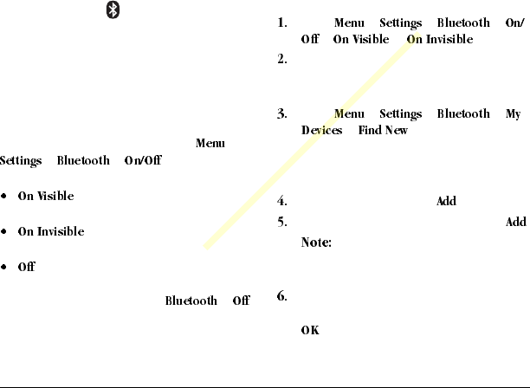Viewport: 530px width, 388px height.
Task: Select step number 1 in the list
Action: [x=282, y=23]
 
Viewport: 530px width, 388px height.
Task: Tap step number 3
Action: [x=282, y=114]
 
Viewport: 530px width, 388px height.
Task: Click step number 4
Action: [x=282, y=202]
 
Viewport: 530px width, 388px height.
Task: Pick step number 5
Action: [x=282, y=223]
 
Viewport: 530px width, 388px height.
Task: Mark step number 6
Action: [x=282, y=297]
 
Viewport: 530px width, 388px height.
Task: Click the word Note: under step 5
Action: [x=316, y=243]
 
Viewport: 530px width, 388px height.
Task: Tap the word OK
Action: [x=309, y=330]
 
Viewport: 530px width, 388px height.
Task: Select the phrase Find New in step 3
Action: [x=383, y=131]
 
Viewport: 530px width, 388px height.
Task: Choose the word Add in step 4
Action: [x=446, y=202]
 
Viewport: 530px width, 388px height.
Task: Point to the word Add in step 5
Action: [x=515, y=223]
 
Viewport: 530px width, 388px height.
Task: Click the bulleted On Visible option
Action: [x=46, y=196]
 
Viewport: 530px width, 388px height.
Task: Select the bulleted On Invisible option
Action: [x=51, y=231]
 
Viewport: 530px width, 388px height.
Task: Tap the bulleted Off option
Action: [x=26, y=267]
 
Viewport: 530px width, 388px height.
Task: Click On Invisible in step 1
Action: [x=439, y=40]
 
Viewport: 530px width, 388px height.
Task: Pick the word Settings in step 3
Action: [x=400, y=114]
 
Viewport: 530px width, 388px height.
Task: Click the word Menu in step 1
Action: [x=349, y=23]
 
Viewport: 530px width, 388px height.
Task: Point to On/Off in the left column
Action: [x=142, y=160]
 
